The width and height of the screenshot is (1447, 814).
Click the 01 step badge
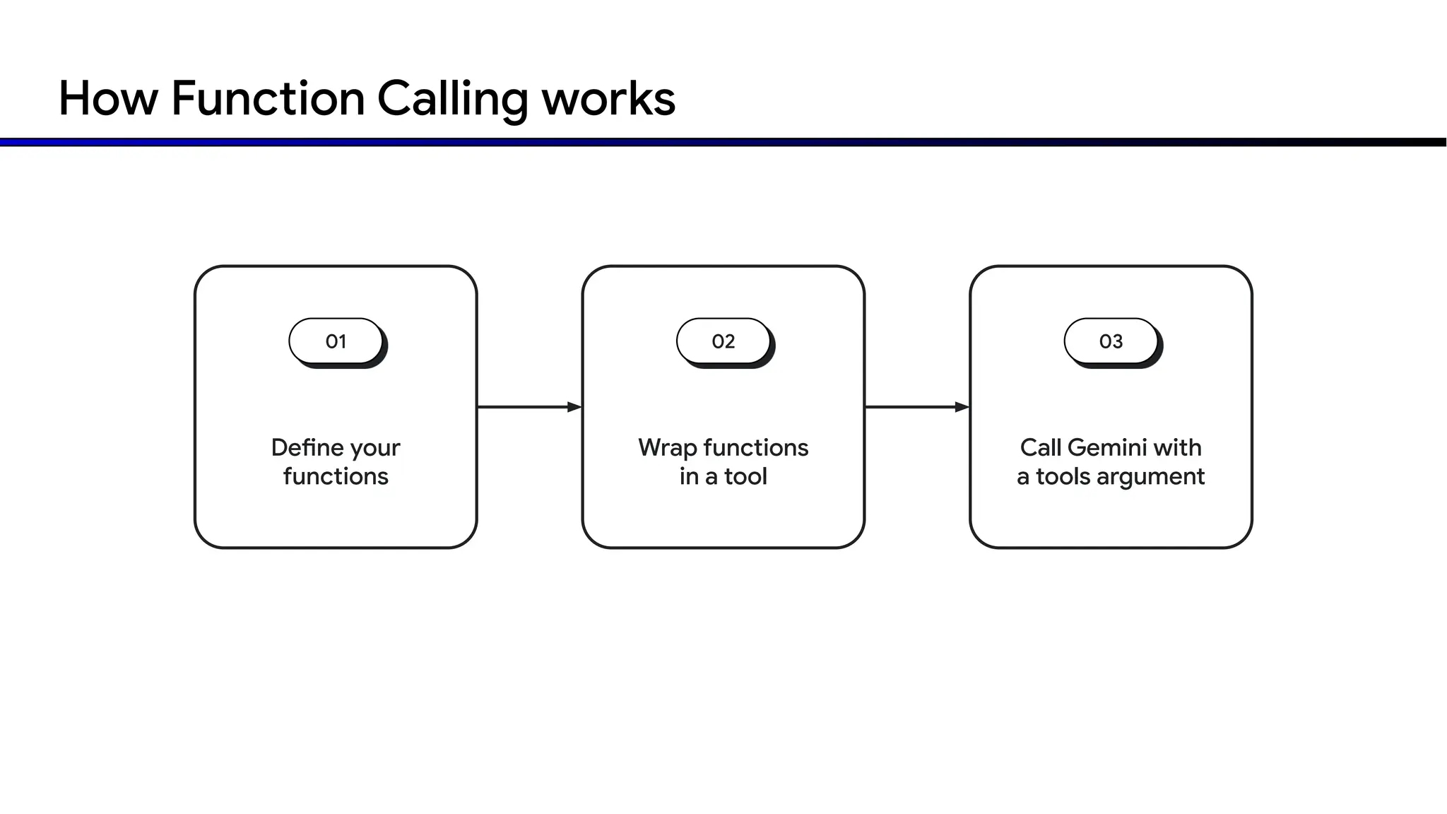(x=336, y=341)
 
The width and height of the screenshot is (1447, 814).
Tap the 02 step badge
(x=723, y=341)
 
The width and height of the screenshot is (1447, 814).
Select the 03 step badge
(x=1111, y=341)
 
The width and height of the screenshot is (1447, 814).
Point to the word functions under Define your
(x=336, y=476)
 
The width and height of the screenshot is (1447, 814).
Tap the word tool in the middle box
(x=745, y=476)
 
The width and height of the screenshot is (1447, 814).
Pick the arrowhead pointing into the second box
(x=574, y=407)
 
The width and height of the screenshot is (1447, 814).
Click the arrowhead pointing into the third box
(x=962, y=407)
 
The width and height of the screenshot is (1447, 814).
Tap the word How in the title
(x=108, y=98)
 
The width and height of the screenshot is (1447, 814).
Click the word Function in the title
(x=268, y=98)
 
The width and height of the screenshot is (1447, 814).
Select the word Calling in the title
(x=452, y=100)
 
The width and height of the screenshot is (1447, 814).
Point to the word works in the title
(x=608, y=98)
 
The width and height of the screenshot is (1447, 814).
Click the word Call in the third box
(x=1040, y=447)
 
